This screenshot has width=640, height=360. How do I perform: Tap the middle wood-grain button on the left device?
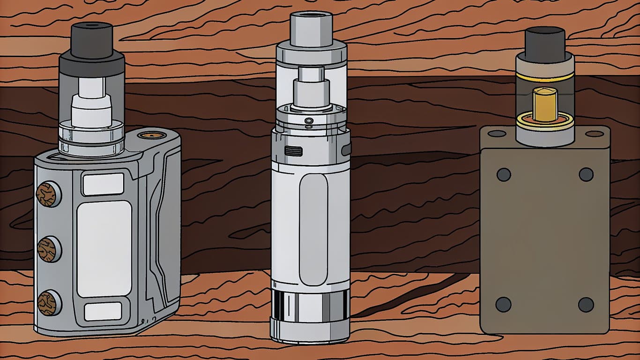[x=47, y=248]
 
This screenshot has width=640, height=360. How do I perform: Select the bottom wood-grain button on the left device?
[x=47, y=302]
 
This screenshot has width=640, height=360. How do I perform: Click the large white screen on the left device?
[x=104, y=248]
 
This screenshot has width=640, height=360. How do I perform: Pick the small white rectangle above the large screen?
[x=103, y=184]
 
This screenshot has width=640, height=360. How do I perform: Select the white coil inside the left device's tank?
[x=91, y=108]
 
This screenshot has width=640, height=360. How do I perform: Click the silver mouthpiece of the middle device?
[x=311, y=28]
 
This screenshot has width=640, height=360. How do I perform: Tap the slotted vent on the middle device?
[x=293, y=151]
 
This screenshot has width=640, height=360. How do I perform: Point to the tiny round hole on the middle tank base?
[x=308, y=121]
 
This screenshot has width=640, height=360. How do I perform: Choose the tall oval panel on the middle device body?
[x=313, y=223]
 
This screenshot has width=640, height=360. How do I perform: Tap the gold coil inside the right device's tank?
[x=545, y=104]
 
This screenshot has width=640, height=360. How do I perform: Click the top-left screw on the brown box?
[x=504, y=174]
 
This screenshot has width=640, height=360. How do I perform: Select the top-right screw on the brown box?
[x=586, y=174]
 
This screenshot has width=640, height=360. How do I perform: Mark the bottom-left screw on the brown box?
[x=504, y=304]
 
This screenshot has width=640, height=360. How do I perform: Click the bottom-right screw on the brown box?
[x=586, y=304]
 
